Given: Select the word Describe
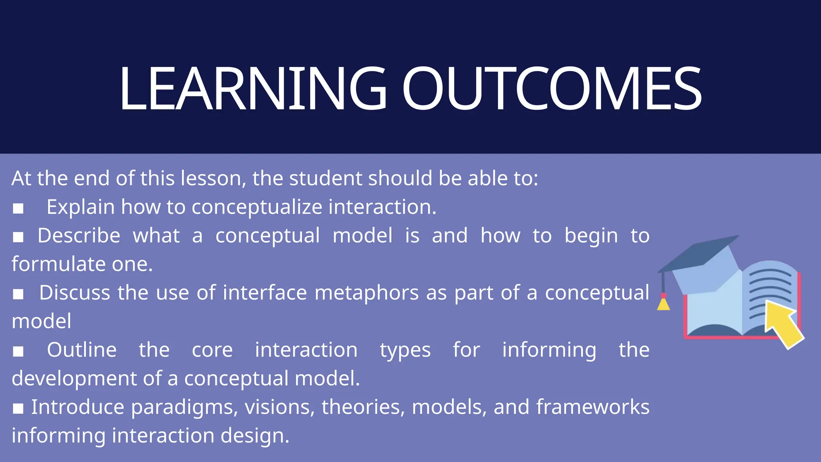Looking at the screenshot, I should point(79,235).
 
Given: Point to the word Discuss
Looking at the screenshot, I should point(75,292).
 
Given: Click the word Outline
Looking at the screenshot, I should point(82,350).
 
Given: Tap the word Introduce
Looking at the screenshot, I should point(78,407).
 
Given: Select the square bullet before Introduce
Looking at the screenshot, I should point(18,409).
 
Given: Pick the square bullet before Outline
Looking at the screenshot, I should point(18,352).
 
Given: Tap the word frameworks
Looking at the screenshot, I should point(592,407).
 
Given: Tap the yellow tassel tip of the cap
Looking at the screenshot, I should point(663,305).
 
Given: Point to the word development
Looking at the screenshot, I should point(75,379).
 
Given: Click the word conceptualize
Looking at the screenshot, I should point(257,207).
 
